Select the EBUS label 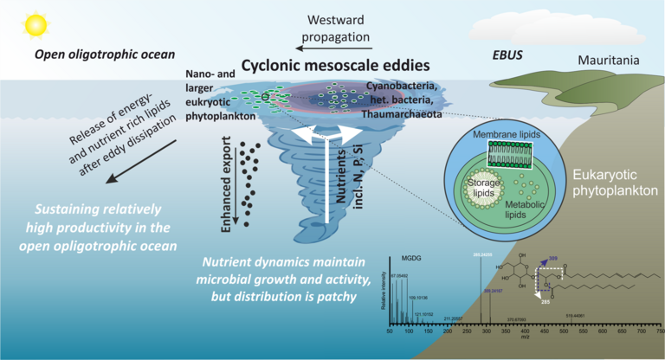pyautogui.click(x=507, y=53)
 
